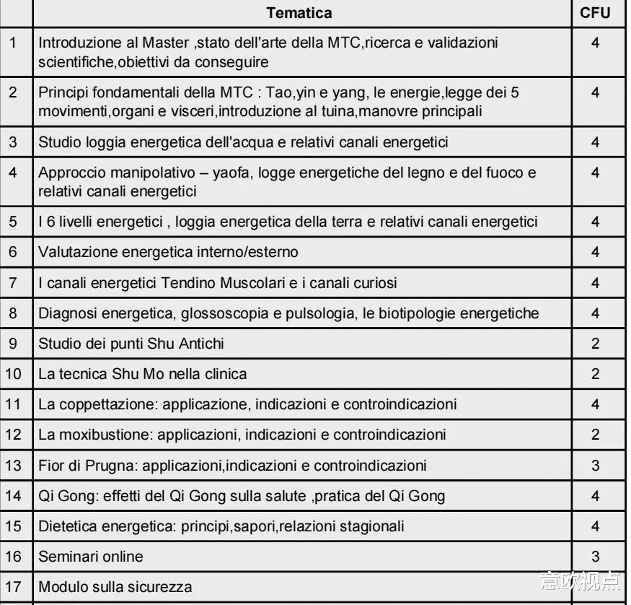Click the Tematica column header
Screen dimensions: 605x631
[x=299, y=13]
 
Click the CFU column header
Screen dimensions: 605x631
[x=595, y=13]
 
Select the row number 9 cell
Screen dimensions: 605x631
[x=14, y=343]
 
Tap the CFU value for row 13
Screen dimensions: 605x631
[x=595, y=465]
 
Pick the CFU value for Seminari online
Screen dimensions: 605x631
[x=595, y=556]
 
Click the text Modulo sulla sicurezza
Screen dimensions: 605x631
[x=115, y=586]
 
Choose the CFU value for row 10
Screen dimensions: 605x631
[x=595, y=373]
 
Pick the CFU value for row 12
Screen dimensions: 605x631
[x=595, y=435]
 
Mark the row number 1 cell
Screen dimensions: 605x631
[x=14, y=43]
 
